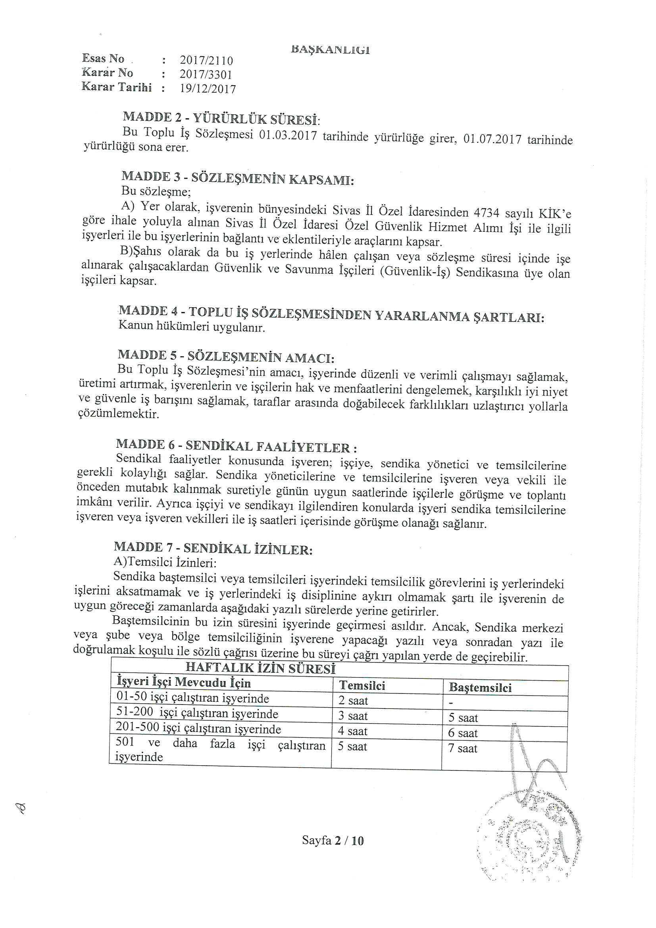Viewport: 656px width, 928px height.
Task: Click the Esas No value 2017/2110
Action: pyautogui.click(x=206, y=61)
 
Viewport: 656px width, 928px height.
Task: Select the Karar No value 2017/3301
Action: pyautogui.click(x=206, y=75)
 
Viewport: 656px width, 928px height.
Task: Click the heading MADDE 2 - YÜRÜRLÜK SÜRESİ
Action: pyautogui.click(x=221, y=118)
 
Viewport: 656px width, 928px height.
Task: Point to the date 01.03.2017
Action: pyautogui.click(x=287, y=135)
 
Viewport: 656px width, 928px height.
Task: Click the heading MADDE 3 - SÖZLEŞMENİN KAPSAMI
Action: pyautogui.click(x=238, y=178)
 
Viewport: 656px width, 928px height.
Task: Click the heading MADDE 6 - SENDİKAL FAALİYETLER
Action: pyautogui.click(x=237, y=446)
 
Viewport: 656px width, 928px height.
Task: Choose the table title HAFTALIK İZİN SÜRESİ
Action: pyautogui.click(x=260, y=668)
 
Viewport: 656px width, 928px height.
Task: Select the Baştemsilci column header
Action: pyautogui.click(x=480, y=687)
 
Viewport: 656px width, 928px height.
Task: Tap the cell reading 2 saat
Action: pyautogui.click(x=353, y=701)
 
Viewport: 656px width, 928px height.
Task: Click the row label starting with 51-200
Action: pyautogui.click(x=197, y=713)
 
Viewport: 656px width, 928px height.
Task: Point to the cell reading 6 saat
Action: pyautogui.click(x=463, y=733)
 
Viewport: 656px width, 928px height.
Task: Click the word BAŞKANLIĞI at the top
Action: pyautogui.click(x=330, y=50)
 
